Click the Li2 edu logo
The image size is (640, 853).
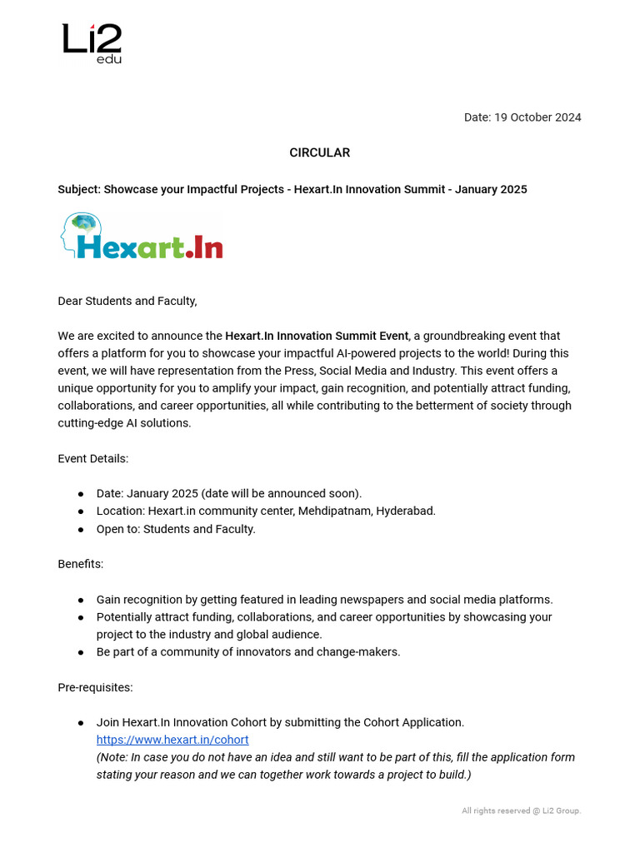[x=92, y=43]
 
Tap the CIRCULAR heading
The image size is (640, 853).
[x=319, y=152]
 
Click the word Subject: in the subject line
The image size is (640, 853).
[x=79, y=189]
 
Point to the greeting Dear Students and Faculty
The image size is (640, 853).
[x=127, y=301]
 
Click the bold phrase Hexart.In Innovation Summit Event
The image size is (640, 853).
[x=317, y=336]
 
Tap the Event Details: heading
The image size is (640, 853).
[x=92, y=458]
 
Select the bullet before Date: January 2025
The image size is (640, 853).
[x=81, y=494]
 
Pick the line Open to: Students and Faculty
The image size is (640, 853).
[x=176, y=529]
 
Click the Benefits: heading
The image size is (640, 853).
[x=81, y=564]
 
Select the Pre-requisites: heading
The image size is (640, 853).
[x=95, y=687]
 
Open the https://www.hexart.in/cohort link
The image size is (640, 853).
[x=172, y=740]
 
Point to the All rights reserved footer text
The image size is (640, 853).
[x=521, y=811]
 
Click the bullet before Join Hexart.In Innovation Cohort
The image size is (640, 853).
[x=81, y=722]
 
